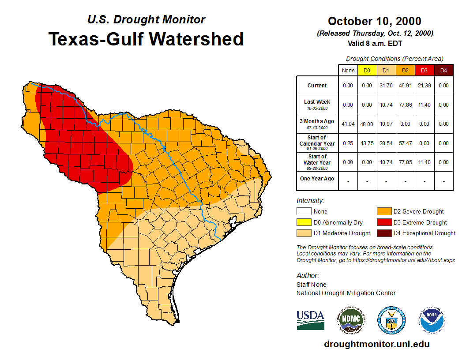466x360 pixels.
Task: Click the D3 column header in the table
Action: pyautogui.click(x=424, y=71)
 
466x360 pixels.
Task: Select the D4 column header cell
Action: pyautogui.click(x=443, y=71)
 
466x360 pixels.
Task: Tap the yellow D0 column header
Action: pyautogui.click(x=367, y=71)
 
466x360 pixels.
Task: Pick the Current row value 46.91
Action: pyautogui.click(x=405, y=86)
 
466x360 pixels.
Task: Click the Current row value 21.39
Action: pyautogui.click(x=424, y=86)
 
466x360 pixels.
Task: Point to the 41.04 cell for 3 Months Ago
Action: pyautogui.click(x=348, y=124)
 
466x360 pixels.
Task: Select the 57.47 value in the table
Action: pyautogui.click(x=405, y=143)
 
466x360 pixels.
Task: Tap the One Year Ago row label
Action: pyautogui.click(x=317, y=179)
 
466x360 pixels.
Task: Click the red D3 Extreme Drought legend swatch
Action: pyautogui.click(x=383, y=222)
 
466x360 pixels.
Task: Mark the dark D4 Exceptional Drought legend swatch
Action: pyautogui.click(x=383, y=233)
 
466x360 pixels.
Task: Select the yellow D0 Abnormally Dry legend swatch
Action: pyautogui.click(x=304, y=222)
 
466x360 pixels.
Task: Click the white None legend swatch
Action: pyautogui.click(x=304, y=212)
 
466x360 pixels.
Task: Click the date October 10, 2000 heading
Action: pyautogui.click(x=375, y=21)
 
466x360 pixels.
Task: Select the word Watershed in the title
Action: pyautogui.click(x=196, y=39)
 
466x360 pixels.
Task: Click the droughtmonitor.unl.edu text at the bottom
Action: pyautogui.click(x=376, y=344)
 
